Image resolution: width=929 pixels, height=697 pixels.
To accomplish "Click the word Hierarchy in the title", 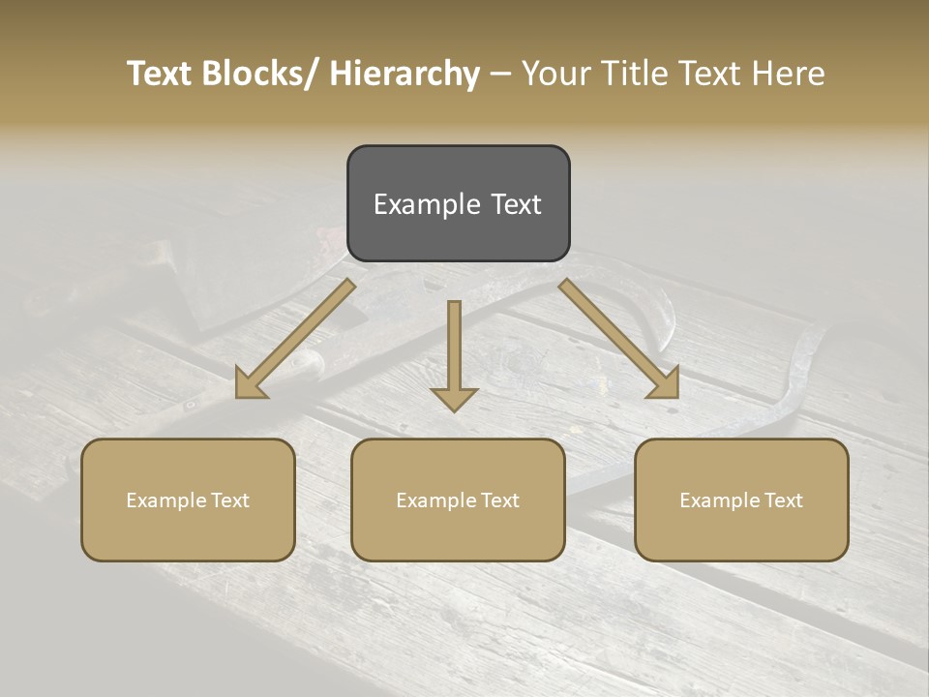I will coord(405,75).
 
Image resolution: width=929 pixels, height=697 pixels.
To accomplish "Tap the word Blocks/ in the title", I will coord(259,75).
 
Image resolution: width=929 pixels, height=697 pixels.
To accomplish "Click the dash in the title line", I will coord(500,75).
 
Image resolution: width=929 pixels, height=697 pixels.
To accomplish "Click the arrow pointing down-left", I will coord(295,339).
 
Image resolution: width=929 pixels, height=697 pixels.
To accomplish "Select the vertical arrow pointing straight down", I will coord(454,353).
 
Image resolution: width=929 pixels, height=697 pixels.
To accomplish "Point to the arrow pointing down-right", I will coord(619,339).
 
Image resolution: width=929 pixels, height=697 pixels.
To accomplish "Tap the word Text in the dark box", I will coord(516,205).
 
